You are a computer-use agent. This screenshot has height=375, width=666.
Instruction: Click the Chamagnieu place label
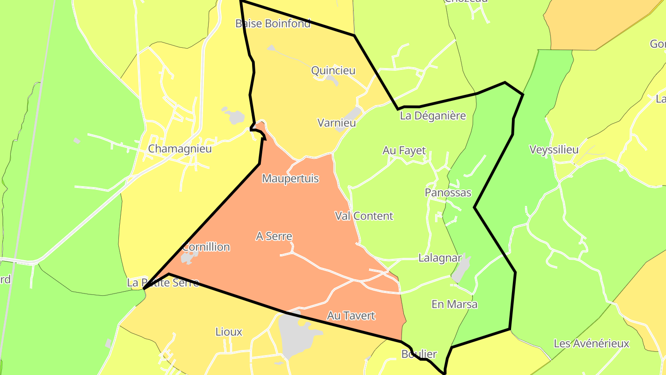click(179, 149)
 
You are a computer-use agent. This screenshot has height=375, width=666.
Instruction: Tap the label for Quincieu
click(333, 70)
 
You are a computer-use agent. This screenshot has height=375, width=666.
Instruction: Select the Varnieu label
click(337, 123)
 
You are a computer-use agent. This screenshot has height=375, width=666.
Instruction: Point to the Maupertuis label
click(290, 178)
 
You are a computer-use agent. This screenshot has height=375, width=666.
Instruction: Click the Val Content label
click(364, 216)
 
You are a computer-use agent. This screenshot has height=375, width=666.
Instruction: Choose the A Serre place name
click(274, 236)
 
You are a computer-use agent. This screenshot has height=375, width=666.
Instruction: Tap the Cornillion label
click(206, 247)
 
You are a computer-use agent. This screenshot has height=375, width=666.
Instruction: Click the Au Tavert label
click(351, 316)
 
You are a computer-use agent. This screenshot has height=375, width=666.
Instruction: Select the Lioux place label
click(229, 332)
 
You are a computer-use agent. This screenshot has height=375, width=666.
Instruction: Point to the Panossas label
click(448, 193)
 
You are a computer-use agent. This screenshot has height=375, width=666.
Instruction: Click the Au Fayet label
click(404, 150)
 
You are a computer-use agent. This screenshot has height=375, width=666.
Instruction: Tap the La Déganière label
click(433, 116)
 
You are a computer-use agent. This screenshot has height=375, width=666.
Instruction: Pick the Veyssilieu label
click(554, 150)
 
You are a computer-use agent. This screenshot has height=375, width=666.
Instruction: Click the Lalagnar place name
click(440, 258)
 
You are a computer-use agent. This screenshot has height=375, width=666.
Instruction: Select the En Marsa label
click(454, 304)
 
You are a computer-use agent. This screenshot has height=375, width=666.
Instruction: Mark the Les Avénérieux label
click(592, 344)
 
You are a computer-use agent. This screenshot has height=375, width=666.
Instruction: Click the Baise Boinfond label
click(273, 23)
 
